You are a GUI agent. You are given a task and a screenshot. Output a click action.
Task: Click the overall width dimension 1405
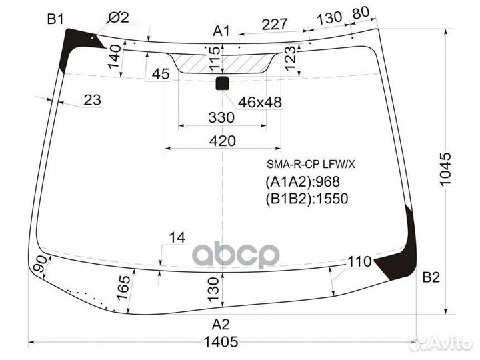pyautogui.click(x=221, y=341)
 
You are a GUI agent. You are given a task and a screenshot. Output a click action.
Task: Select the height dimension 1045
pyautogui.click(x=445, y=169)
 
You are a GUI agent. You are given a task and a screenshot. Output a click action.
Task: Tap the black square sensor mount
pyautogui.click(x=222, y=83)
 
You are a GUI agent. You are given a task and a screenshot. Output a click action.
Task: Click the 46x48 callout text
pyautogui.click(x=260, y=102)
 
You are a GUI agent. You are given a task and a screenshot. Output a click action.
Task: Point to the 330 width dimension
pyautogui.click(x=221, y=117)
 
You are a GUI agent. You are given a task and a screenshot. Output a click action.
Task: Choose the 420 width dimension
pyautogui.click(x=223, y=141)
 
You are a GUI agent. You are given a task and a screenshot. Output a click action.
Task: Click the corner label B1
pyautogui.click(x=55, y=20)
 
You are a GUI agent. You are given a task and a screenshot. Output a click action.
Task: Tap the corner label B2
pyautogui.click(x=431, y=277)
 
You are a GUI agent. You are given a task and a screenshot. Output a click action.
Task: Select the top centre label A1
pyautogui.click(x=221, y=31)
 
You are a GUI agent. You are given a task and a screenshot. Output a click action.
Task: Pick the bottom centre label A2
pyautogui.click(x=221, y=325)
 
